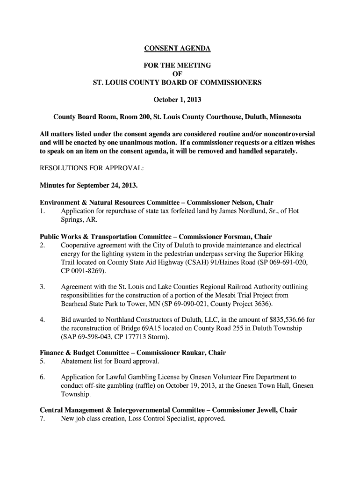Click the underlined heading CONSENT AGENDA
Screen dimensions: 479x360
[177, 48]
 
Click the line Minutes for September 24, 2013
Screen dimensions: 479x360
[89, 185]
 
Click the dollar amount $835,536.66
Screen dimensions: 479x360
[285, 320]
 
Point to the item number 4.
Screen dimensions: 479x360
[42, 320]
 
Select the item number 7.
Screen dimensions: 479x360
[42, 419]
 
